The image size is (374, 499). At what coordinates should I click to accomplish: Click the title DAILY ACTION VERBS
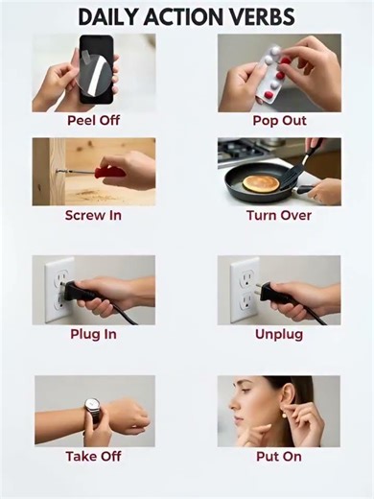[186, 17]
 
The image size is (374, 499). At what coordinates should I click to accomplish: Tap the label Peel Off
[93, 121]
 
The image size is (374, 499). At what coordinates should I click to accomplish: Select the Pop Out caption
[279, 121]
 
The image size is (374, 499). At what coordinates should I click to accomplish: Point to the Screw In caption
[93, 215]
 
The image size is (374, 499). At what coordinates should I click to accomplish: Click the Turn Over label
[279, 215]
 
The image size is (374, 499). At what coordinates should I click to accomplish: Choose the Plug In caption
[93, 334]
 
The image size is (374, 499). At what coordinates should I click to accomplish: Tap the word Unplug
[279, 335]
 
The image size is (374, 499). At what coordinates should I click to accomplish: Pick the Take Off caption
[93, 456]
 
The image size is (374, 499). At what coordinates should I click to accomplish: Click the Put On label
[279, 457]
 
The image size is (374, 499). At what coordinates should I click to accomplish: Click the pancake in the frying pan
[261, 183]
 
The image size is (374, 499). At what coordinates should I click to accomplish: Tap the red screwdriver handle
[109, 172]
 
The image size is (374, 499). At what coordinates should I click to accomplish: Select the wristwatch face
[92, 406]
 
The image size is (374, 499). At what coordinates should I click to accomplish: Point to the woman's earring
[283, 416]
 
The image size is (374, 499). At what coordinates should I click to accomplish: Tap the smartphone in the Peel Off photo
[96, 69]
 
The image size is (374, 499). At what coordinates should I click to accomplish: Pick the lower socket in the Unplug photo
[245, 302]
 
